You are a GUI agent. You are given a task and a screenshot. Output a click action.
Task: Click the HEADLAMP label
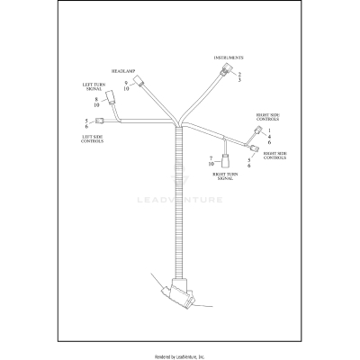tap(122, 69)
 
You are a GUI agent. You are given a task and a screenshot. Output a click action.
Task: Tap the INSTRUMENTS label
tap(229, 58)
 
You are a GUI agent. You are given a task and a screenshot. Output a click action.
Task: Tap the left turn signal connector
tap(110, 98)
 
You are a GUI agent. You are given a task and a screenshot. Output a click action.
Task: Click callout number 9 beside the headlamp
tap(126, 83)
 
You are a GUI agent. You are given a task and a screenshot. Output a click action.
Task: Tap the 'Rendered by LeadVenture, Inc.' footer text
tap(180, 355)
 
